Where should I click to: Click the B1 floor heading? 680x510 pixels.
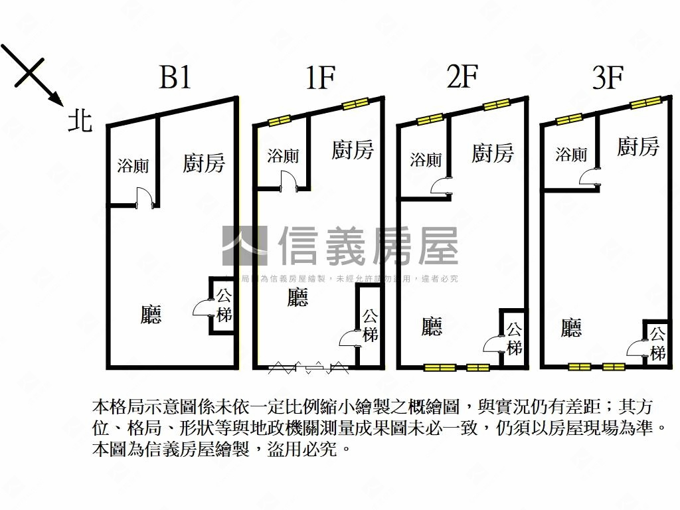pos(175,78)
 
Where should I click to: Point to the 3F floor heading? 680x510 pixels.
pos(607,78)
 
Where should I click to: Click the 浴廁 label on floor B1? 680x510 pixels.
pos(133,166)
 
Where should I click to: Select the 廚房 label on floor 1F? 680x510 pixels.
pos(352,150)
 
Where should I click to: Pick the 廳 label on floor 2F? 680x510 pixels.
pos(432,326)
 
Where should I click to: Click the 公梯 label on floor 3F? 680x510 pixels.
pos(657,343)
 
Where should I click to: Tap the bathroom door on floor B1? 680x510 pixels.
pos(144,198)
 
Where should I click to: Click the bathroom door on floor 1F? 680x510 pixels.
pos(288,181)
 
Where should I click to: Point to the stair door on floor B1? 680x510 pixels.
pos(203,307)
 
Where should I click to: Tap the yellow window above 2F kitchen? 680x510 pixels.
pos(496,105)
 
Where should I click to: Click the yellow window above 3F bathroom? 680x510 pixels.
pos(569,120)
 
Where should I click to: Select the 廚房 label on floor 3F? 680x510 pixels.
pos(637,147)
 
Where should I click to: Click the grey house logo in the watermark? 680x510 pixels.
pos(244,246)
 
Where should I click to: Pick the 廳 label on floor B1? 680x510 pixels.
pos(151,314)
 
